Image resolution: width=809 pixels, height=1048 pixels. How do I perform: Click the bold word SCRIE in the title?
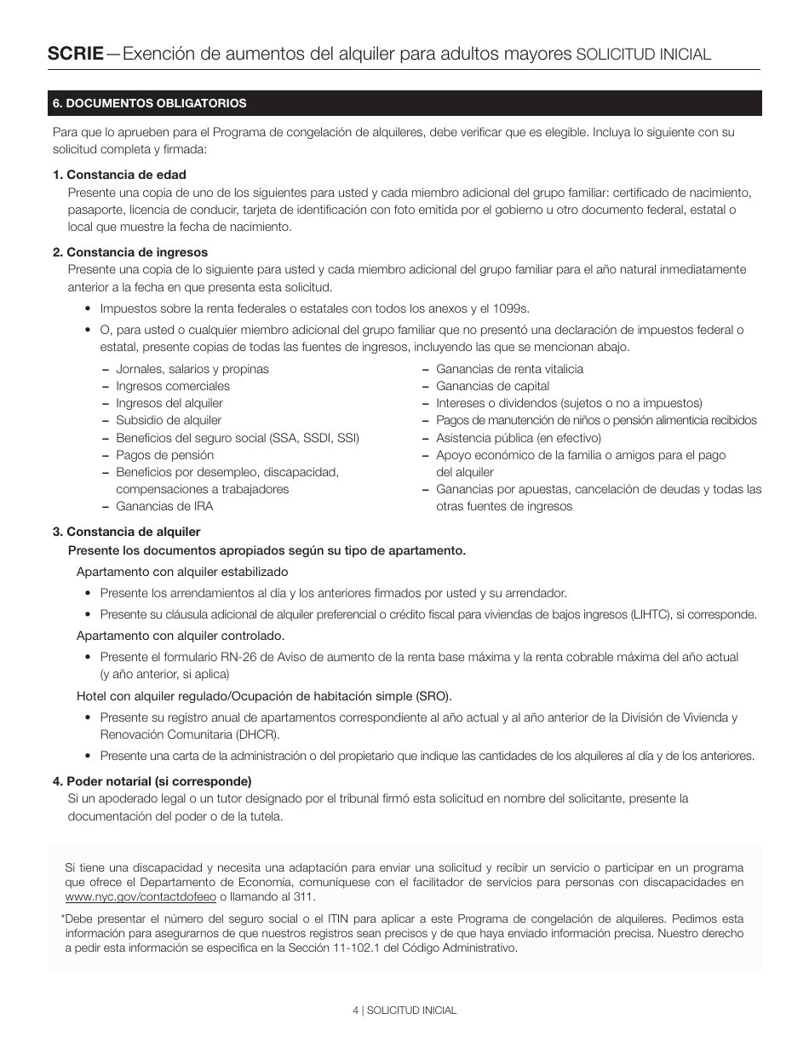(76, 54)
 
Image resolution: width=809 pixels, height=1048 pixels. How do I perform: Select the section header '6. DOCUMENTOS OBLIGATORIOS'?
(149, 103)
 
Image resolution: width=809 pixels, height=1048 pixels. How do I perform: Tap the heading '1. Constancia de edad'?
(119, 175)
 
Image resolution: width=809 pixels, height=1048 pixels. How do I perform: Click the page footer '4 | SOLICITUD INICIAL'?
(404, 1010)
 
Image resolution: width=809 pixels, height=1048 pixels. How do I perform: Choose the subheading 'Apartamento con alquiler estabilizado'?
(182, 572)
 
